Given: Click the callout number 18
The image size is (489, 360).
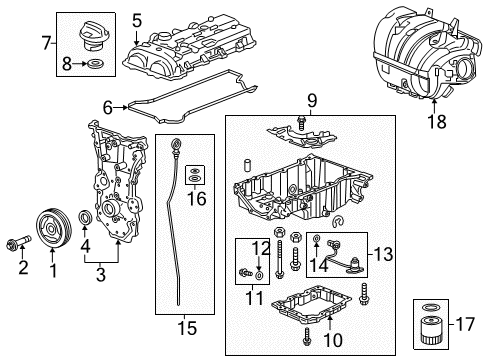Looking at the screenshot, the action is pos(437,121).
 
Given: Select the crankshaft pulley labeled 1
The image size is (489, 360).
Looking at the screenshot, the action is pos(53,228).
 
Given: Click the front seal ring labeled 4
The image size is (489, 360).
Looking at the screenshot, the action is pos(85,218).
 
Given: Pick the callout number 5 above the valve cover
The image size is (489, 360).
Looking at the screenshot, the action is pos(137,21).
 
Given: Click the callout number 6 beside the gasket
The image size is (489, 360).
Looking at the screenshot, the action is pos(108,107).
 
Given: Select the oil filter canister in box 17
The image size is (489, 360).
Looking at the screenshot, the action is pos(431,331).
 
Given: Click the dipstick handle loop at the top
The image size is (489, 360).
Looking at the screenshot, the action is pos(175,145).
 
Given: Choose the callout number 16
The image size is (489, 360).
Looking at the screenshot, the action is pos(196,199).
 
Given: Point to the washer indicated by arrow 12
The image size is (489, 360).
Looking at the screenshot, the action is pos(259,275).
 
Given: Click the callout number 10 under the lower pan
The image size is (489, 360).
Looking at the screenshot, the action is pos(333,340).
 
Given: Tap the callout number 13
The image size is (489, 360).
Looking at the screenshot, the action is pos(383,254).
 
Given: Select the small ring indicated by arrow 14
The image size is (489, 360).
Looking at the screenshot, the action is pos(316,238).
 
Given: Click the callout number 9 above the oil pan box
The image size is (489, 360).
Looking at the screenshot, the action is pos(312,101).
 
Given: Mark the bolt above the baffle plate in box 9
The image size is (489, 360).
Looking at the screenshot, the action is pos(301,123).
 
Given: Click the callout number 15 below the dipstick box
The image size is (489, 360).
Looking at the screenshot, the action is pos(187,328).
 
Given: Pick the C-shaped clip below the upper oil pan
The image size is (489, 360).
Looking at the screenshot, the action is pos(339,221).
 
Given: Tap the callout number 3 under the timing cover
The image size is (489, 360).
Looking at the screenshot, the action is pos(101,274).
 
